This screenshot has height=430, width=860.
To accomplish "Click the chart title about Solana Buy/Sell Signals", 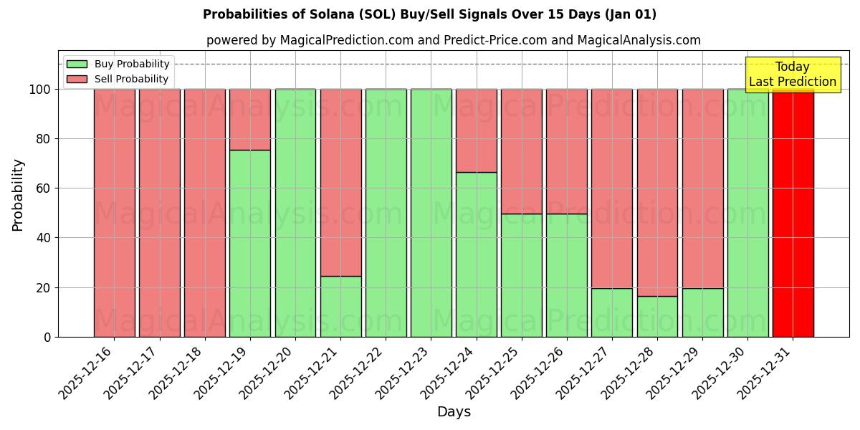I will (429, 14).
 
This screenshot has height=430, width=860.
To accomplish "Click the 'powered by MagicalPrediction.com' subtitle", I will (453, 40).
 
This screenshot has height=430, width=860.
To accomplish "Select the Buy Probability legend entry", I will (132, 64).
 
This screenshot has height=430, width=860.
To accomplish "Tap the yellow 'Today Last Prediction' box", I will (792, 75).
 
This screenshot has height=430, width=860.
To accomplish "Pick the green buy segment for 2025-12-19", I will (250, 244).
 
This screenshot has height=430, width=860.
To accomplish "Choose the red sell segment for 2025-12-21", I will (340, 183).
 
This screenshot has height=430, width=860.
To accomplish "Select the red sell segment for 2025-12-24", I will (477, 130).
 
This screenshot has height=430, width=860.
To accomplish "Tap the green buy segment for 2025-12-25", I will (522, 275).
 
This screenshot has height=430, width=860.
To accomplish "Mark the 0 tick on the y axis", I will (47, 337).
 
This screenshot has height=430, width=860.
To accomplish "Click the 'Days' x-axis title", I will (454, 412).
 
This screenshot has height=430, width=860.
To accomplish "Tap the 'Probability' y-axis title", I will (18, 194).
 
